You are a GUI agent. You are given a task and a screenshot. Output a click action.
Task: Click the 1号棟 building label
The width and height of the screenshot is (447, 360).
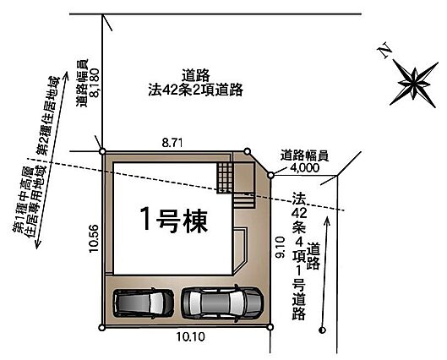(174, 219)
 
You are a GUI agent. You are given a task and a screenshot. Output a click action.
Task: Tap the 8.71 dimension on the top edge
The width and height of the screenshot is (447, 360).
(172, 143)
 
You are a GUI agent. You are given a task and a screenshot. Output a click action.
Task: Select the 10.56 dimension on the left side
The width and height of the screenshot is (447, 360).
(94, 238)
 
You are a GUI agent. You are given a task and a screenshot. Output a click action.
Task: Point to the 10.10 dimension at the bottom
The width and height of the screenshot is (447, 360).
(190, 337)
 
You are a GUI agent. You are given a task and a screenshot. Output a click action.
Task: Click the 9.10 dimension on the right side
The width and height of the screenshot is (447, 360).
(281, 248)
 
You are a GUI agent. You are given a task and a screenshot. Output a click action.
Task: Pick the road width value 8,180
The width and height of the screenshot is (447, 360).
(95, 83)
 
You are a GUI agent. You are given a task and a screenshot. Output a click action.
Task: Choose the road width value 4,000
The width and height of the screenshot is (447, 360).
(305, 167)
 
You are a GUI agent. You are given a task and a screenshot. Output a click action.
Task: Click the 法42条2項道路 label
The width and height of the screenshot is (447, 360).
(195, 90)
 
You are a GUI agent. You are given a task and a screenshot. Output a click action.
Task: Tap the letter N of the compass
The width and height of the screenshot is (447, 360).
(384, 51)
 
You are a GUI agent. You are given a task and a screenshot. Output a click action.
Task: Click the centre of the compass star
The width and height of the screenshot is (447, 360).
(414, 84)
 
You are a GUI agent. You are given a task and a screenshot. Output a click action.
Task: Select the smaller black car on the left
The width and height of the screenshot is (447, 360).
(144, 303)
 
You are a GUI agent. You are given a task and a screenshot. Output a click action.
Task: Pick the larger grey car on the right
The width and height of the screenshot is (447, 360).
(222, 303)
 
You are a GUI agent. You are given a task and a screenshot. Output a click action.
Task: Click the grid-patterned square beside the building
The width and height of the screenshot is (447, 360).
(225, 177)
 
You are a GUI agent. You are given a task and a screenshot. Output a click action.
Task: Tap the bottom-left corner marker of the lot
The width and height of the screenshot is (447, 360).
(101, 328)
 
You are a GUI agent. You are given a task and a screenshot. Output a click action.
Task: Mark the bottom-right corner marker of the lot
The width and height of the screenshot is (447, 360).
(270, 327)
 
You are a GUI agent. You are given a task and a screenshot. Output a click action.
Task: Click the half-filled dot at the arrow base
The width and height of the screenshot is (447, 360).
(323, 330)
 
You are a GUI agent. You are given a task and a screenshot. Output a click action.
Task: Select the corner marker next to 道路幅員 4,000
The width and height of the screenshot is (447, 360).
(271, 175)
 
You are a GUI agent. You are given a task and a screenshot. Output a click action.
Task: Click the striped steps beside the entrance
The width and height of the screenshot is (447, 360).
(243, 201)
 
